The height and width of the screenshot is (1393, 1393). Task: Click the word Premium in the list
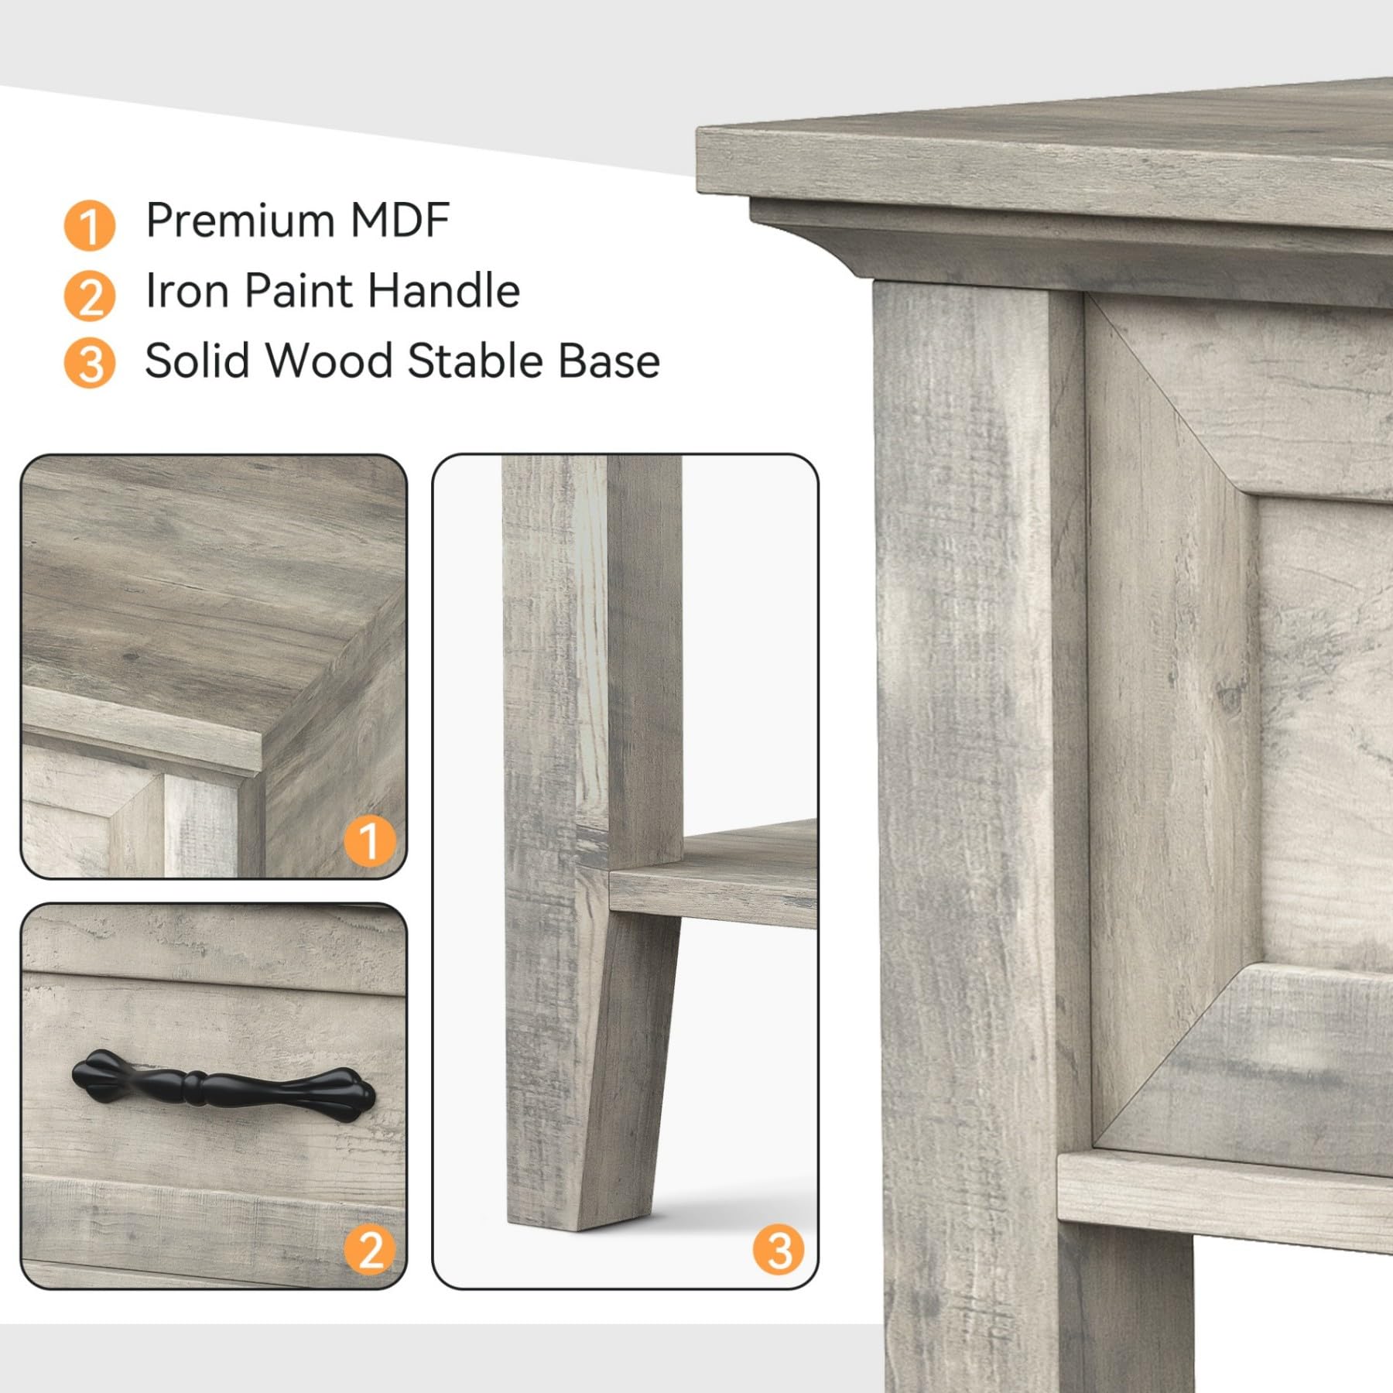click(x=241, y=221)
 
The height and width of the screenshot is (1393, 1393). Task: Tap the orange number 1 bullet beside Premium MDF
click(x=90, y=225)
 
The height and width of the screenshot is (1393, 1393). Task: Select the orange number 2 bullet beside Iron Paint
click(x=90, y=296)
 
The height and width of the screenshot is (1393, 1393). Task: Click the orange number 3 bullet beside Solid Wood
click(x=90, y=364)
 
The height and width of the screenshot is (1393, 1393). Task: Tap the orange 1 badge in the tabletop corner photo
click(x=369, y=841)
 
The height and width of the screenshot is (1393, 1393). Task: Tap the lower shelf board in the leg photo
click(x=712, y=882)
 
